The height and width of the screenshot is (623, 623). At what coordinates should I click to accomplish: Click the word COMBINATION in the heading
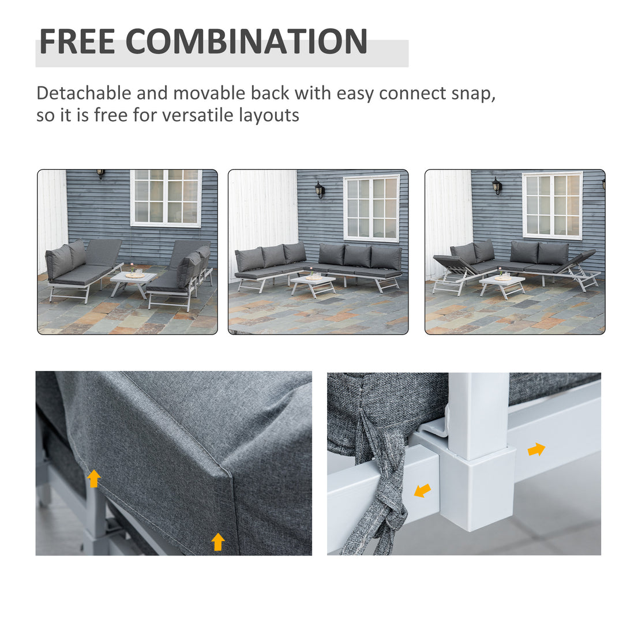click(x=246, y=41)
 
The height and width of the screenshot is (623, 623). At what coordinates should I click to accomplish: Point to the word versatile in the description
click(x=197, y=115)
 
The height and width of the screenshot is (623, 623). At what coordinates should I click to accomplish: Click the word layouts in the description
click(x=271, y=115)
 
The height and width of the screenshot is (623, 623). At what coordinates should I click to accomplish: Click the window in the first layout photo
click(x=166, y=197)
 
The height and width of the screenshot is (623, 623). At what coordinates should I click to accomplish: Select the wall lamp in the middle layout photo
click(x=320, y=189)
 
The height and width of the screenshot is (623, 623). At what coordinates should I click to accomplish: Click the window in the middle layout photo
click(x=372, y=208)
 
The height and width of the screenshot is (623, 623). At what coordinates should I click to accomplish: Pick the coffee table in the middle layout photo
click(x=313, y=283)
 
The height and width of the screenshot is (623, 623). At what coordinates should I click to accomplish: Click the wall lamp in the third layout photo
click(x=497, y=185)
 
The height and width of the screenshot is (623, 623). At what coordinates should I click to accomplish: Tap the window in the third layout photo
click(x=553, y=205)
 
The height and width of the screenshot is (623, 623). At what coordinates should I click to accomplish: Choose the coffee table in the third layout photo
click(x=502, y=283)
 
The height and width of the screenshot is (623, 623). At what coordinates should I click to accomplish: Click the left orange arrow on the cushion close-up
click(x=93, y=478)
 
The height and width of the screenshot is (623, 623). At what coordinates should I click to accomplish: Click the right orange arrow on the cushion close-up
click(x=217, y=542)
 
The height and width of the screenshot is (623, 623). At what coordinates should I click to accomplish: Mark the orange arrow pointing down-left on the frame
click(x=422, y=490)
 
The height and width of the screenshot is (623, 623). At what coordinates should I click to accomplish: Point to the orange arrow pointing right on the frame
click(x=536, y=449)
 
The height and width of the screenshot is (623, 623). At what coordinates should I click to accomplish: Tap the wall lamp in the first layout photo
click(x=101, y=174)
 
